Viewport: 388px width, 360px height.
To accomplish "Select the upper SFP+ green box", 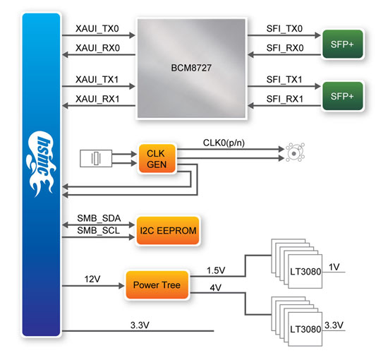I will click(342, 42).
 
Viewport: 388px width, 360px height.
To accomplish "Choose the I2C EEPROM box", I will click(166, 230).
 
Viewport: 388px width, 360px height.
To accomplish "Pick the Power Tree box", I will click(152, 286).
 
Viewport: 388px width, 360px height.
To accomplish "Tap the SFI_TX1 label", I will click(284, 79).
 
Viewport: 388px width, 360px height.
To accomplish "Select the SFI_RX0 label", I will click(284, 48).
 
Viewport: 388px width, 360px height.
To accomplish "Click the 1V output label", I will click(334, 267).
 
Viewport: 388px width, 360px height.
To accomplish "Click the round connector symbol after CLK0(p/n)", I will click(291, 150).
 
